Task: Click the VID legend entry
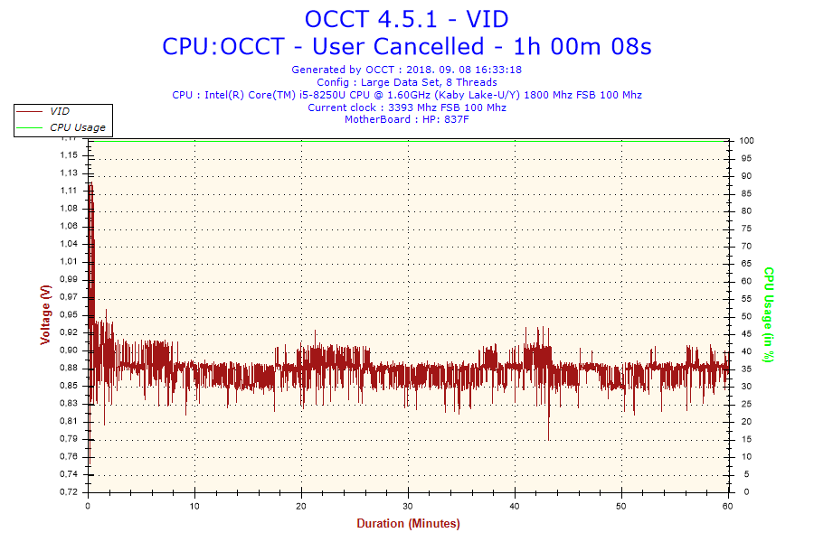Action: (x=60, y=110)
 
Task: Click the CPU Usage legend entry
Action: (x=77, y=127)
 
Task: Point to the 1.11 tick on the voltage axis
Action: (x=70, y=191)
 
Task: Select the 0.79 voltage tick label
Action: (x=70, y=439)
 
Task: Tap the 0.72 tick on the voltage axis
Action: (x=70, y=492)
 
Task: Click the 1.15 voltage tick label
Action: (x=70, y=155)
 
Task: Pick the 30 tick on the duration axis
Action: (x=408, y=505)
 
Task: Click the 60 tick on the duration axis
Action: (x=728, y=505)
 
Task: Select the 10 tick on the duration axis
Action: (x=194, y=505)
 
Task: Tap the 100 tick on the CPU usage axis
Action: (x=747, y=141)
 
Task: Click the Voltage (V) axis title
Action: (x=44, y=314)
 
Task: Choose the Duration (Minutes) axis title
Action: (x=408, y=524)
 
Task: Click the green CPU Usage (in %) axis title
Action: (x=769, y=314)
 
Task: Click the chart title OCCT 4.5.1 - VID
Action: (x=407, y=19)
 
